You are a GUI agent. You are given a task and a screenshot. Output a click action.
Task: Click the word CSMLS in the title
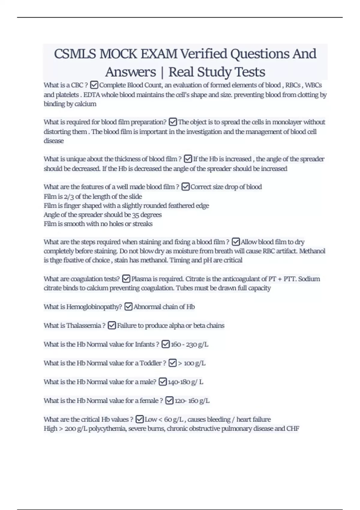click(x=75, y=54)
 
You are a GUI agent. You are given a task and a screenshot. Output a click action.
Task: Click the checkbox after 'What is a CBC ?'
click(x=94, y=85)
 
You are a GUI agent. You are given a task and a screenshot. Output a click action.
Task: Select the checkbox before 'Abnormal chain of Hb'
click(x=128, y=307)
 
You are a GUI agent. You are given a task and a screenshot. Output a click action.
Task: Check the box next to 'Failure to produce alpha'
click(x=112, y=325)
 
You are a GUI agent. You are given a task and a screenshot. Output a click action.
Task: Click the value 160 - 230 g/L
click(x=189, y=344)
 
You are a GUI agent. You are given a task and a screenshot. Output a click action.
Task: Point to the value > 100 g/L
click(x=192, y=363)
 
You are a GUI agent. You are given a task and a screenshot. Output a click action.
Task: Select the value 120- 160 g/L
click(x=192, y=401)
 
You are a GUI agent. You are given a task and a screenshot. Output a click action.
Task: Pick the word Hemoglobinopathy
click(x=94, y=307)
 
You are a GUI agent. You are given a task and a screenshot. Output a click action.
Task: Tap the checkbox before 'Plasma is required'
click(x=126, y=279)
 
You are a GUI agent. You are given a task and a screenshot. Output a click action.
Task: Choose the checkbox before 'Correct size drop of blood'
click(x=185, y=187)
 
